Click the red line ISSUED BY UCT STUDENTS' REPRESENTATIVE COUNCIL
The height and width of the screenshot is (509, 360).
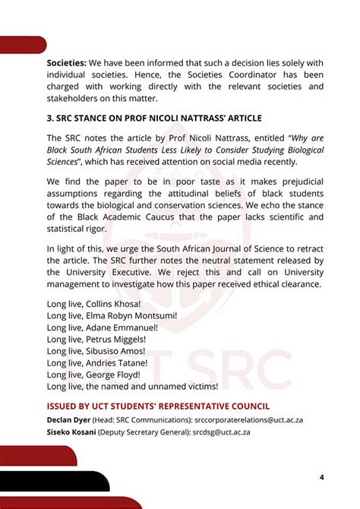pyautogui.click(x=158, y=406)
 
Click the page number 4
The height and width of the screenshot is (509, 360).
pyautogui.click(x=322, y=476)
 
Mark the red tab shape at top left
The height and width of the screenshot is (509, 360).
pyautogui.click(x=23, y=45)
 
